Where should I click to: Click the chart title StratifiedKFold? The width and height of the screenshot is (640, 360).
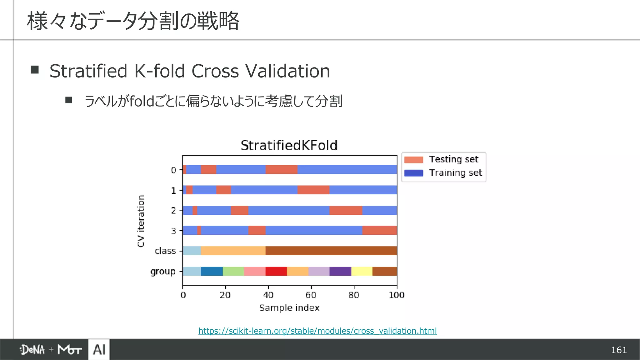[289, 146]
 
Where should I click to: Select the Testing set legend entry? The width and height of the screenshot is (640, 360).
[441, 159]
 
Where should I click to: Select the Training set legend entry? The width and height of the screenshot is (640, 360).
[443, 173]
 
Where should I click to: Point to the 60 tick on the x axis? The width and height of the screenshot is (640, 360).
[311, 295]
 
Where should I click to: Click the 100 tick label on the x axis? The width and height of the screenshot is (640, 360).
[396, 295]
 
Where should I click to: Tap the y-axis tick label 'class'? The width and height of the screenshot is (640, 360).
[165, 251]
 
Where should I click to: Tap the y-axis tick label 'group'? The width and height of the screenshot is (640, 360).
[163, 272]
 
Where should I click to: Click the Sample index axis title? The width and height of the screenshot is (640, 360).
[289, 308]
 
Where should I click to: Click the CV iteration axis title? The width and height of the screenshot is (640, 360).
[141, 221]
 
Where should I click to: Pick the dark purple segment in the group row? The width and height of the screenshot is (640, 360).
[340, 271]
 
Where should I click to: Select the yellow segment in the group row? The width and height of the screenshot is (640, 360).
[362, 271]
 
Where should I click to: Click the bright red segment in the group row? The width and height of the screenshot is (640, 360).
[276, 271]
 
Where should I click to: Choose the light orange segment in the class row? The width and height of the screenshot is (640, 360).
[233, 251]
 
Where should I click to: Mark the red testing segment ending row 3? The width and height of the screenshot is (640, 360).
[379, 230]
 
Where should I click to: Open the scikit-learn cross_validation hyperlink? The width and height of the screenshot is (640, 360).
[317, 331]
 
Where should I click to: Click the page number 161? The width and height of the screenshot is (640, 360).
[619, 350]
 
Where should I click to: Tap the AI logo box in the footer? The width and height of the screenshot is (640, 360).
[99, 349]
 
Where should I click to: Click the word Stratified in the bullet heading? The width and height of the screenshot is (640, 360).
[88, 71]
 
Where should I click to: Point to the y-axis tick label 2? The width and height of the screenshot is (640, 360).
[173, 211]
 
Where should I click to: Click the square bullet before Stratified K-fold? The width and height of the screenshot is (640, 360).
[35, 69]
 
